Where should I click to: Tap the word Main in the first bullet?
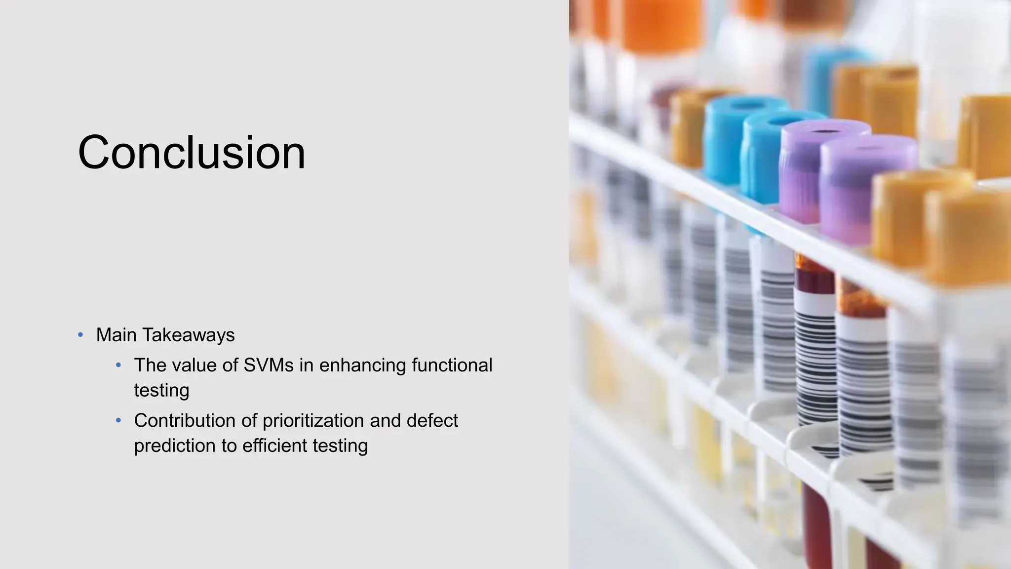point(117,335)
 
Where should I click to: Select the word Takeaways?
point(189,335)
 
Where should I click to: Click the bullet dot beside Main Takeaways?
point(80,335)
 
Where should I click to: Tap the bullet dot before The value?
point(118,366)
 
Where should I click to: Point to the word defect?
point(432,421)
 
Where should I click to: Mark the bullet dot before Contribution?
point(118,421)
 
